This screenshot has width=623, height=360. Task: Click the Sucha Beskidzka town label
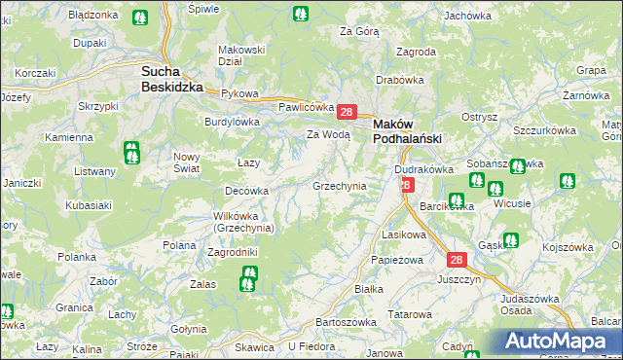pyautogui.click(x=171, y=78)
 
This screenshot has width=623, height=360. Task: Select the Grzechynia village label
pyautogui.click(x=339, y=185)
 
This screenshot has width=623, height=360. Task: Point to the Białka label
pyautogui.click(x=368, y=289)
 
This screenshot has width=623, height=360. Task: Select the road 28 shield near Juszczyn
pyautogui.click(x=457, y=260)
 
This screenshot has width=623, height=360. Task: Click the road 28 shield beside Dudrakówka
pyautogui.click(x=406, y=184)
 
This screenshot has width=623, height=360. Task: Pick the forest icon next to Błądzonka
pyautogui.click(x=140, y=18)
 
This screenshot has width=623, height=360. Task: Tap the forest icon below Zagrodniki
pyautogui.click(x=247, y=284)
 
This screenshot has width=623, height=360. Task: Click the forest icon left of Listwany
pyautogui.click(x=131, y=153)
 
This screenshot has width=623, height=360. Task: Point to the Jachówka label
pyautogui.click(x=467, y=16)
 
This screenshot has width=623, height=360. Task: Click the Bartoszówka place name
pyautogui.click(x=346, y=322)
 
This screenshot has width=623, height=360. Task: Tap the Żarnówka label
pyautogui.click(x=585, y=95)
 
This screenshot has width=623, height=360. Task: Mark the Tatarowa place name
pyautogui.click(x=410, y=314)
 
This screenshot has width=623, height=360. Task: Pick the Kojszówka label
pyautogui.click(x=568, y=247)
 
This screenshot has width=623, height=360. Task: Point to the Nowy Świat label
pyautogui.click(x=186, y=162)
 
